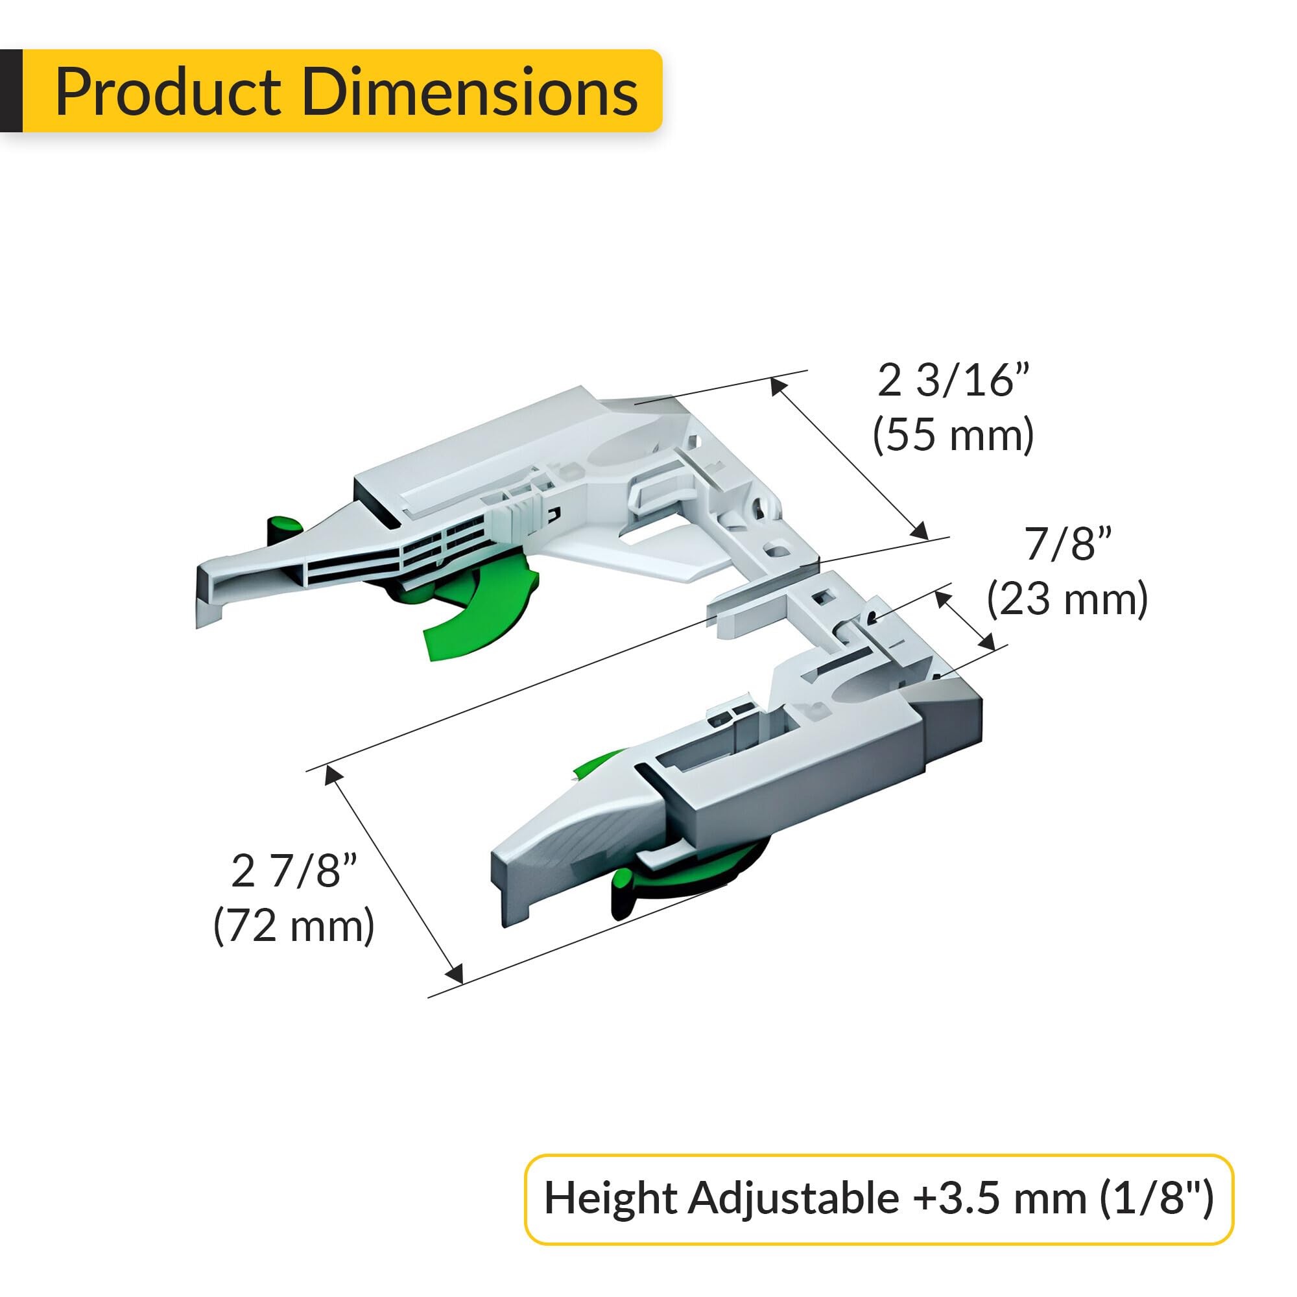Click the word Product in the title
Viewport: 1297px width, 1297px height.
tap(168, 93)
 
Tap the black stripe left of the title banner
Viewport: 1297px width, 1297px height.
tap(11, 91)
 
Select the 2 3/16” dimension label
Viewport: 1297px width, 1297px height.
tap(953, 381)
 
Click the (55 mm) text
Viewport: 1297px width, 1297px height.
tap(953, 435)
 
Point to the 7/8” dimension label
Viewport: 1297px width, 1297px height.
tap(1068, 544)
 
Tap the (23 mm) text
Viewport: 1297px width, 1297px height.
tap(1067, 599)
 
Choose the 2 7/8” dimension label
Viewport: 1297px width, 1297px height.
tap(294, 872)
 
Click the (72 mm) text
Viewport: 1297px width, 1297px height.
tap(294, 927)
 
